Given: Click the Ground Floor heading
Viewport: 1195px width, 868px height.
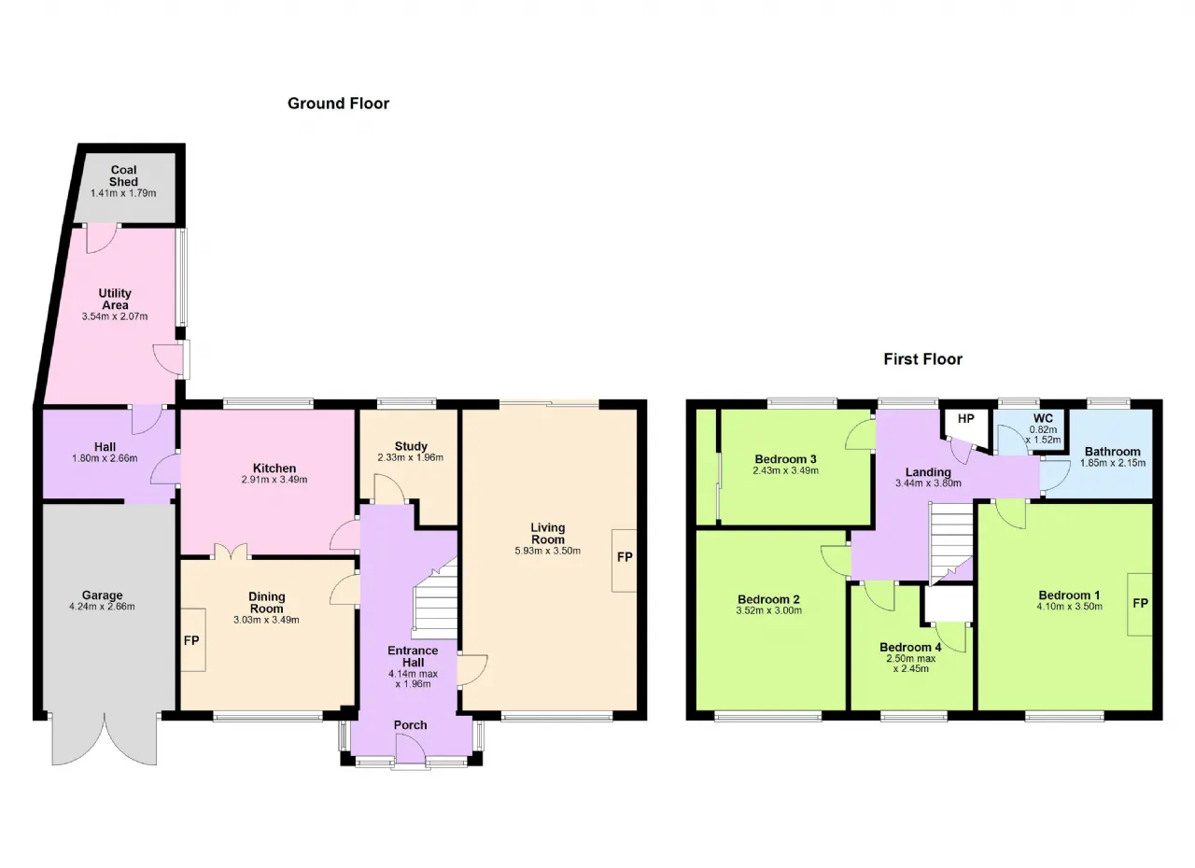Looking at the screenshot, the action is click(x=338, y=104).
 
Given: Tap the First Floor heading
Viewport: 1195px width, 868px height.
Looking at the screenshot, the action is click(x=923, y=359).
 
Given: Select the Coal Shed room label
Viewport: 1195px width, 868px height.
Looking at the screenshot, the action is click(x=123, y=176).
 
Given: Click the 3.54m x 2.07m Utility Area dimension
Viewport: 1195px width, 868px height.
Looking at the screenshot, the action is click(x=115, y=316).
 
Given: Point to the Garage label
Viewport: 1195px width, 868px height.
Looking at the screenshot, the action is click(x=102, y=595).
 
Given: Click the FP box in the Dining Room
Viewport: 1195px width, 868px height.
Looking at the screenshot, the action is click(x=192, y=640).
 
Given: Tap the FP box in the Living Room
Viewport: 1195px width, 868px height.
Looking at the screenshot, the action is click(x=625, y=560).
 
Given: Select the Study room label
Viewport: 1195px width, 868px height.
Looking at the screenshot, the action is click(x=411, y=446).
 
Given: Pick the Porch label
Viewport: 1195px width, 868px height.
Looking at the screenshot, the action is click(x=410, y=725).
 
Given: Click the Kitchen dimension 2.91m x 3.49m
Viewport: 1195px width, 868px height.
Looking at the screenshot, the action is click(x=274, y=480).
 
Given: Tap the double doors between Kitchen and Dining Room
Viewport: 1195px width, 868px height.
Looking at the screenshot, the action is click(x=231, y=552).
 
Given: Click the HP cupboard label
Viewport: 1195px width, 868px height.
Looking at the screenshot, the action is click(x=965, y=418).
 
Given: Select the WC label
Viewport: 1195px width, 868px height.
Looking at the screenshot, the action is click(x=1043, y=418).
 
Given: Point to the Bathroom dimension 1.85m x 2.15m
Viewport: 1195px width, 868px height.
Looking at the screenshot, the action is click(x=1112, y=463).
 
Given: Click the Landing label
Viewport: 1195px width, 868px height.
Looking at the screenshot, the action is click(x=928, y=472).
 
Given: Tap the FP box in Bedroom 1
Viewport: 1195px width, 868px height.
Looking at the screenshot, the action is click(x=1140, y=604).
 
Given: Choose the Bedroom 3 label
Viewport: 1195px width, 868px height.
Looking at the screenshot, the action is click(x=785, y=459).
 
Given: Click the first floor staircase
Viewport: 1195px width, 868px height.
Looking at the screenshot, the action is click(x=951, y=543).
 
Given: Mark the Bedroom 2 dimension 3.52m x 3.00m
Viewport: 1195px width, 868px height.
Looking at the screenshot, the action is click(x=768, y=611).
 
